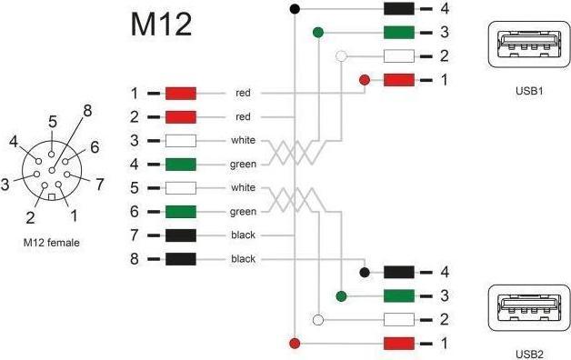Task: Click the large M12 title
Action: pos(161,24)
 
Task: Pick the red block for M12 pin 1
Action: pos(181,94)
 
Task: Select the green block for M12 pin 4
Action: pos(181,165)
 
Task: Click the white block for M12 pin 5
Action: pos(181,188)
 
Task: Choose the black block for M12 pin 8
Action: pos(181,259)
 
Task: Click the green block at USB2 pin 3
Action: pos(400,295)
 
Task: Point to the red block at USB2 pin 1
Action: pos(400,343)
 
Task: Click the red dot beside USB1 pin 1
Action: pos(365,80)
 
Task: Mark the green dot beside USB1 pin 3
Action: pos(317,33)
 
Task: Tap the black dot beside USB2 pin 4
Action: pos(365,272)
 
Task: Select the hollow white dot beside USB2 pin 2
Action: pos(317,319)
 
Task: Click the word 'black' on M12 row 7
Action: pos(243,235)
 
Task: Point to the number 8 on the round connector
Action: pos(87,111)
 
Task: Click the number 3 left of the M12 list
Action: pos(135,141)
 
